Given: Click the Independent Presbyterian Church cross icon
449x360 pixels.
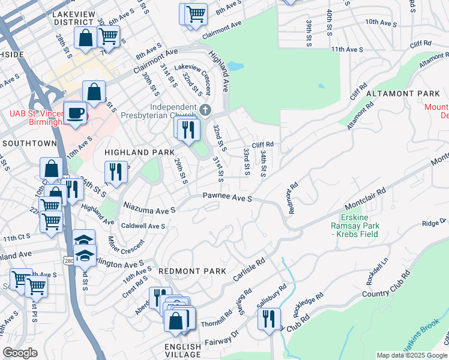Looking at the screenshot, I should click(x=205, y=109).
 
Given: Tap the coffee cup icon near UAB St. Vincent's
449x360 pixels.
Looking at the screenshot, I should click(x=76, y=113).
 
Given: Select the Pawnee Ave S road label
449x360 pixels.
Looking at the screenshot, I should click(x=226, y=197).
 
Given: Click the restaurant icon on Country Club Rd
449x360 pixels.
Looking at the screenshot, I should click(x=269, y=317).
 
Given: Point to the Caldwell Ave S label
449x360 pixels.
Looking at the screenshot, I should click(x=143, y=226).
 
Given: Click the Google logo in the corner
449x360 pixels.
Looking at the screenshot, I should click(x=20, y=353).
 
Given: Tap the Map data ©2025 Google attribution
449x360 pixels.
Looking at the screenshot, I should click(x=412, y=355).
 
